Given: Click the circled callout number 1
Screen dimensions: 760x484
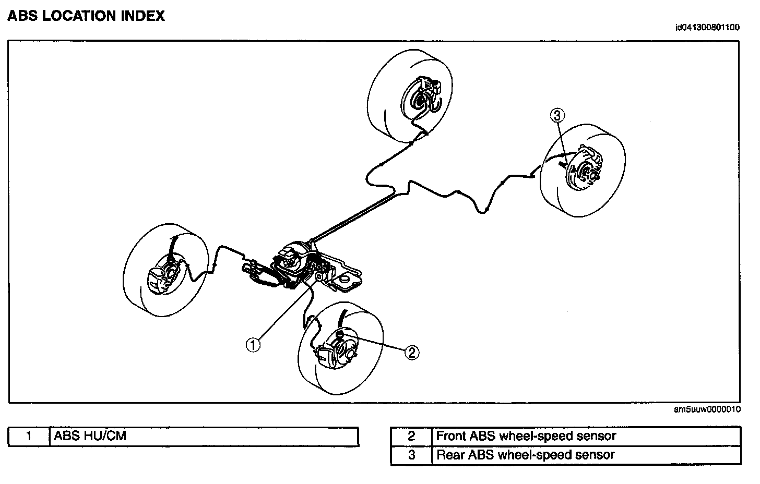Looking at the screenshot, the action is [253, 344].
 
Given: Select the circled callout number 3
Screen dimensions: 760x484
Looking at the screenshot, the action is [557, 115].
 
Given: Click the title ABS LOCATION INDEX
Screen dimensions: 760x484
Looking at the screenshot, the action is [86, 16].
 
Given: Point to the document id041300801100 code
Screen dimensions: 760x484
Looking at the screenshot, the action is [707, 28].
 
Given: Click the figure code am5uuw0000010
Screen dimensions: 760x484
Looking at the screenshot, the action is [707, 409].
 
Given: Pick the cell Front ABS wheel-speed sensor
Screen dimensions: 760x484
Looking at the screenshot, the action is [526, 436].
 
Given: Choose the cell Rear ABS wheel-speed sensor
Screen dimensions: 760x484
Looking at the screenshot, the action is [525, 455].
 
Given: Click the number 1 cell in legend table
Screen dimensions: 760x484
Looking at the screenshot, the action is [29, 436].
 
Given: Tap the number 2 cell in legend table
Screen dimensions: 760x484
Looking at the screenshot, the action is [411, 436].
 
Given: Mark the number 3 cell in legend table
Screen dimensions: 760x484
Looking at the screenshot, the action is [411, 455].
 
